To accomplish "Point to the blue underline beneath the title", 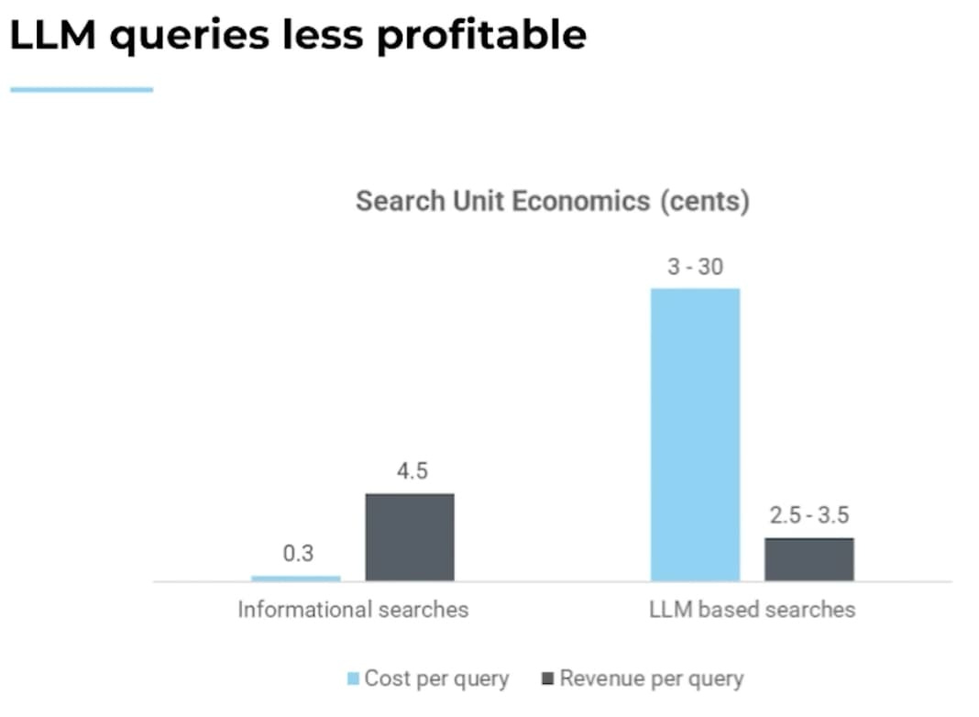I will coord(82,90).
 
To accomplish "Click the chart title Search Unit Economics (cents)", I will coord(552,201).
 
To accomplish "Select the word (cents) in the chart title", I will coord(704,201).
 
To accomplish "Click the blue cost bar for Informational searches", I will coord(295,578).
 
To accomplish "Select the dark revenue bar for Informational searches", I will coord(410,536).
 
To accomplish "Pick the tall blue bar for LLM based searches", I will coord(695,434).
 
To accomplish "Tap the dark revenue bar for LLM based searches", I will coord(809,558).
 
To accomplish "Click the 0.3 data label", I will coord(297,554).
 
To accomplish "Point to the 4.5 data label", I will coord(411,471).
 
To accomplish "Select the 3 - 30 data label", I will coord(695,267).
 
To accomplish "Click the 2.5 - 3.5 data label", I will coord(808,515).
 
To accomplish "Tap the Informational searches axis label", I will coord(353,610).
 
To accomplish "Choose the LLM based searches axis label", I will coord(752,610).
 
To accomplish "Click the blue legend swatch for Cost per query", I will coord(353,679).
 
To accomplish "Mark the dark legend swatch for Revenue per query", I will coord(548,679).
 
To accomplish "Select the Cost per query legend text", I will coord(436,679).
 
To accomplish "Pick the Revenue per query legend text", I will coord(652,679).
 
